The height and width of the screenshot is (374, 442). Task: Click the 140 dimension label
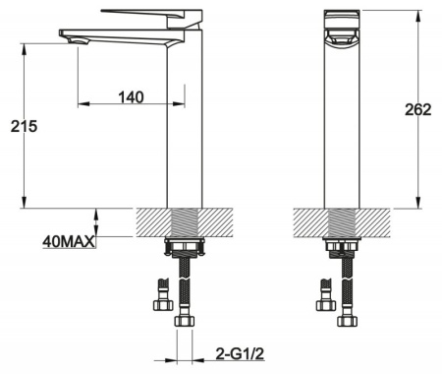click(131, 96)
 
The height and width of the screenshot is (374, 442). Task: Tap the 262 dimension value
click(418, 109)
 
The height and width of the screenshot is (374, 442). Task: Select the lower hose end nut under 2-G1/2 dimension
click(183, 319)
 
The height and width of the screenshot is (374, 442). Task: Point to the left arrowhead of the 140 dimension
click(82, 104)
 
